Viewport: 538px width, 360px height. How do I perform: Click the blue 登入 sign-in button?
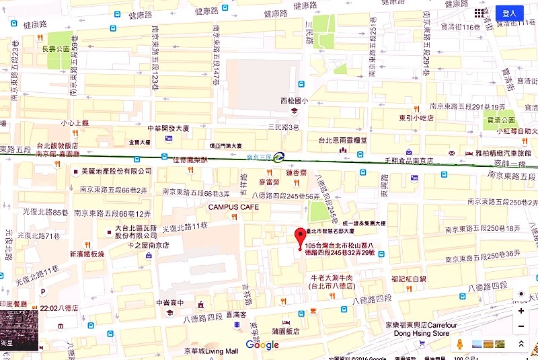point(509,13)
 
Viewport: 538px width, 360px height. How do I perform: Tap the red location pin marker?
point(300,238)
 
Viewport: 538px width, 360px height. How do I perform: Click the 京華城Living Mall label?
point(213,351)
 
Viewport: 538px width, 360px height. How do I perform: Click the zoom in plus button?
point(521,312)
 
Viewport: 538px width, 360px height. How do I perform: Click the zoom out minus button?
point(521,327)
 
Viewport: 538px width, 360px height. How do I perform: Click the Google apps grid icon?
point(479,13)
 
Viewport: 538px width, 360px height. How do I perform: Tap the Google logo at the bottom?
point(262,345)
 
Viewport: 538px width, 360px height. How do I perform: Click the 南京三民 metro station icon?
point(280,157)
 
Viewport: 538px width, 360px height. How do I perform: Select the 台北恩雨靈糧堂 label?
point(344,140)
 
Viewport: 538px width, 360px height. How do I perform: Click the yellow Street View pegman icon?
point(460,344)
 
